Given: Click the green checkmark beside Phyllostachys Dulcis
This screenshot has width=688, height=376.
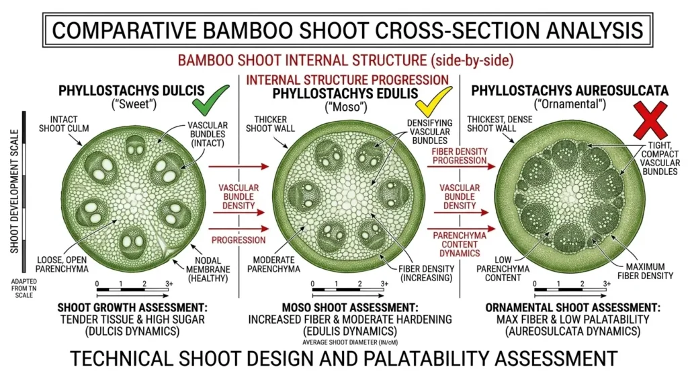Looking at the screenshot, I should coord(208,103).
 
